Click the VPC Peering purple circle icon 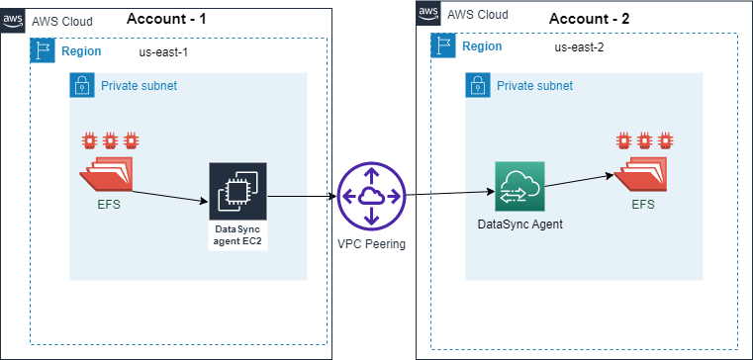point(371,196)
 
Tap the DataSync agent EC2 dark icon point(237,192)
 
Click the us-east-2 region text point(581,46)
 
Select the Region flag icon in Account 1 point(43,51)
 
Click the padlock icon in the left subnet point(82,86)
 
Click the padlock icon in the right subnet point(479,86)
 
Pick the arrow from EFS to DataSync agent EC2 point(169,195)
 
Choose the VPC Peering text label point(371,244)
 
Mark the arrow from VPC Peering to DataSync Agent point(450,194)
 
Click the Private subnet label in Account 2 point(534,86)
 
